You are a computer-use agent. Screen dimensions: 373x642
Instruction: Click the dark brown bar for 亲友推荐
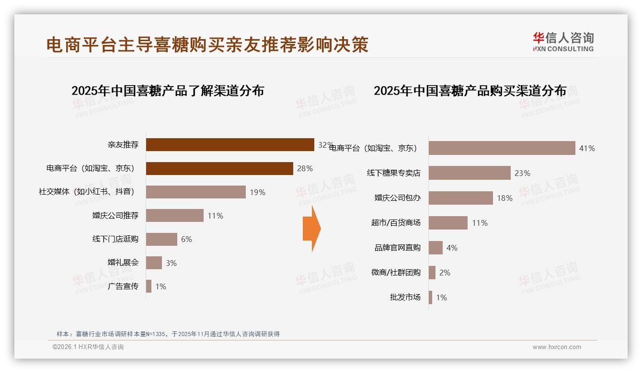230,144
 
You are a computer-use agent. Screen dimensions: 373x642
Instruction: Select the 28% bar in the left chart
219,168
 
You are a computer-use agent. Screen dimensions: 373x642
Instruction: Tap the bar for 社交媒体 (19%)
195,192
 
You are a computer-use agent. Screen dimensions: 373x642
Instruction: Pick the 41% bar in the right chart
502,148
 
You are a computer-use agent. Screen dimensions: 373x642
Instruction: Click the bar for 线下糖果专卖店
470,173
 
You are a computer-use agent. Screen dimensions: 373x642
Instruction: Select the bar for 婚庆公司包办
460,198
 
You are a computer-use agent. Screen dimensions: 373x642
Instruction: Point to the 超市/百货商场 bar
448,223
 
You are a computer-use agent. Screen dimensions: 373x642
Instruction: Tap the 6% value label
186,239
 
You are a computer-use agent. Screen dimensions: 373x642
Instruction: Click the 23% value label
522,173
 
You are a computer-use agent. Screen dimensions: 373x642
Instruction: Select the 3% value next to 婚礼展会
171,263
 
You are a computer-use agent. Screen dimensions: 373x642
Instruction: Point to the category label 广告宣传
123,286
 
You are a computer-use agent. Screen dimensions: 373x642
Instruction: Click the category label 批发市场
405,297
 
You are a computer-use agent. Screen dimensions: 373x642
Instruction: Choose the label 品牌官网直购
397,248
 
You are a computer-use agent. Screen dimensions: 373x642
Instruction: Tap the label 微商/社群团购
396,273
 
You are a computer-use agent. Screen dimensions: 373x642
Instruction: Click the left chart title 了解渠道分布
168,91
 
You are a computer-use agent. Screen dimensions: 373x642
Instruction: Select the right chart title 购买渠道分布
470,91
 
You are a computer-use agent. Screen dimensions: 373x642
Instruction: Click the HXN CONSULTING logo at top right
563,42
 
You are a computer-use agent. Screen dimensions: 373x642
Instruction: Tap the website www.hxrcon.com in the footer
556,347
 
